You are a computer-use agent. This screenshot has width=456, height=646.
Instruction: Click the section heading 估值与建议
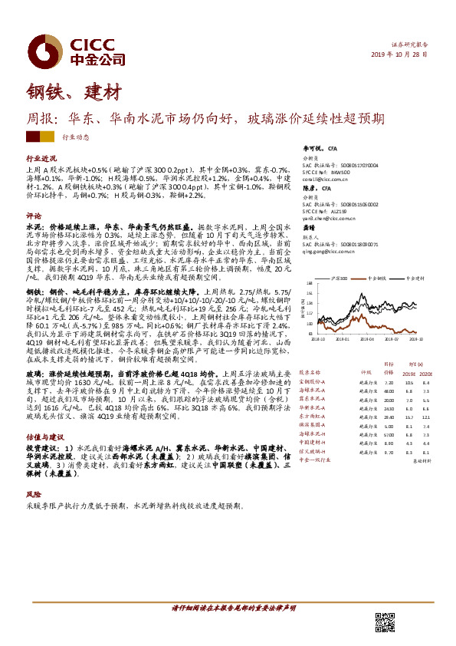(x=41, y=435)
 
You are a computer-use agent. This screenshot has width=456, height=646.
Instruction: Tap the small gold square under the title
(x=48, y=137)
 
